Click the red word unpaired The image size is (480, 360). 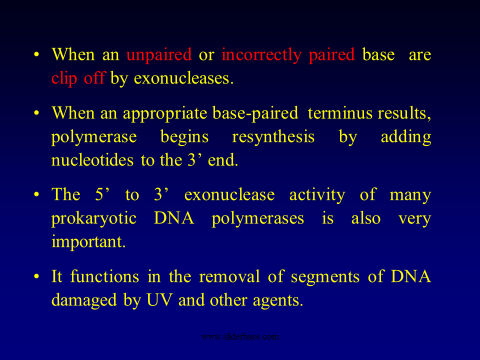(159, 55)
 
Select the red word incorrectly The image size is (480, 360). (261, 55)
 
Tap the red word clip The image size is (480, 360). (64, 78)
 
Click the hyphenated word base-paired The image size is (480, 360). (255, 113)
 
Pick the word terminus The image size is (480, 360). (340, 113)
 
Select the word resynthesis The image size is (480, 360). (273, 137)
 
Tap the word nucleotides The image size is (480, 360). (92, 160)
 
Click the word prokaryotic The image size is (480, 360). (93, 219)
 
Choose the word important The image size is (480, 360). (88, 242)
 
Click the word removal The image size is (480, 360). (229, 276)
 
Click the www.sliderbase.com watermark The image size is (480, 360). (240, 336)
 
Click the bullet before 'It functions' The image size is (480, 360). (36, 276)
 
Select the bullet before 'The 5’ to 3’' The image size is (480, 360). (36, 194)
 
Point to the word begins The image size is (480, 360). (184, 137)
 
